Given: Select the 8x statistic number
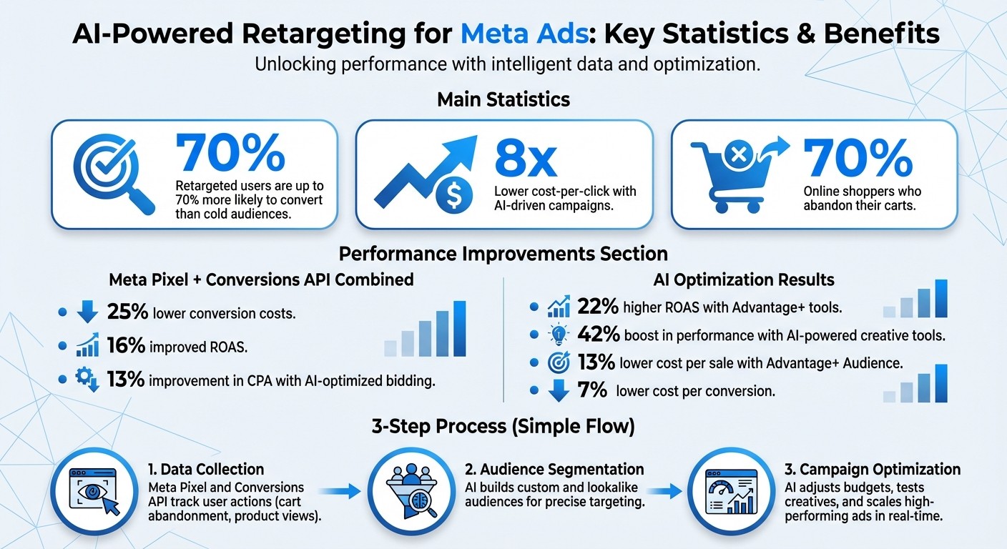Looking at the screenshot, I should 525,159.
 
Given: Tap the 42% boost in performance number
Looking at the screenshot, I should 596,335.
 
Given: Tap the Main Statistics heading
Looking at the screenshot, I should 503,99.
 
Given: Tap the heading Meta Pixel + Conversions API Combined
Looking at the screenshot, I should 261,279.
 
